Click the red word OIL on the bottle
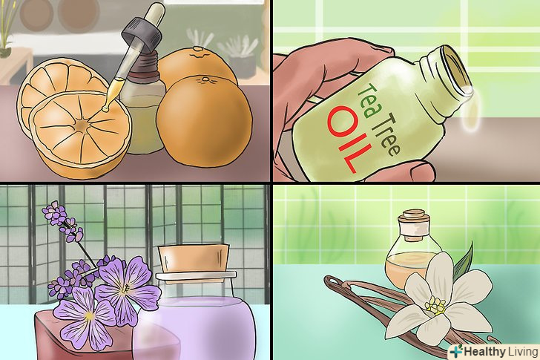pyautogui.click(x=349, y=138)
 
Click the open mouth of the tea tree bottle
pyautogui.click(x=455, y=69)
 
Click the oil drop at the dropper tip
pyautogui.click(x=105, y=109)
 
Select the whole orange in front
pyautogui.click(x=204, y=121)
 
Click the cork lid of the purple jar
pyautogui.click(x=194, y=259)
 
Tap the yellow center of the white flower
pyautogui.click(x=435, y=306)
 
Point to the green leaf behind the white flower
pyautogui.click(x=464, y=261)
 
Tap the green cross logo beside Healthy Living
pyautogui.click(x=456, y=351)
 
